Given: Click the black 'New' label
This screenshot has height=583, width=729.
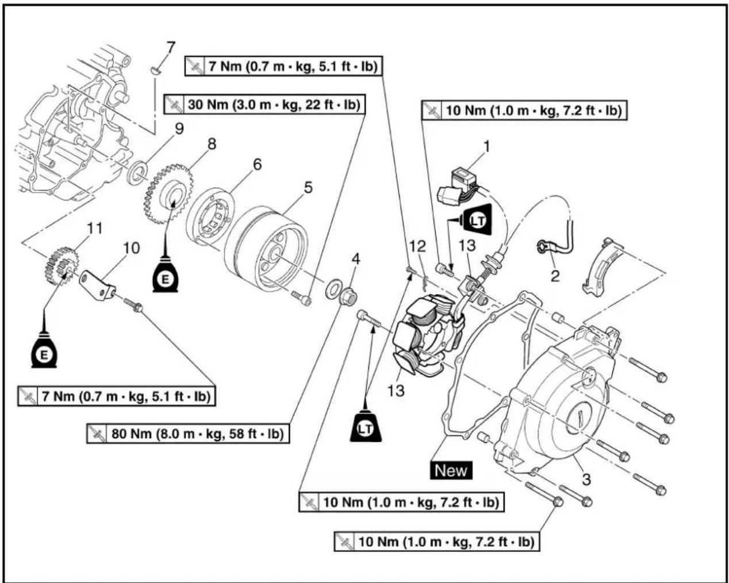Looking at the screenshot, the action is click(x=451, y=470).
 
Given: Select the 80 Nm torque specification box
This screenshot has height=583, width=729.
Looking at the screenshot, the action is click(x=188, y=433).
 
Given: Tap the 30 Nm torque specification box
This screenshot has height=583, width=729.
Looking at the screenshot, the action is click(x=264, y=105).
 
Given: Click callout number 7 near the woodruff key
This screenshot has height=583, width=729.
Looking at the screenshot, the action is click(x=170, y=47).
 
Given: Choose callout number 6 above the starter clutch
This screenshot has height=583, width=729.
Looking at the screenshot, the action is click(x=257, y=164).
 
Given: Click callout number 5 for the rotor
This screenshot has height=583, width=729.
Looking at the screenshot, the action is click(x=308, y=187).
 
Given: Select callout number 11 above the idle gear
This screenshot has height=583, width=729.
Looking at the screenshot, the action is click(x=95, y=228).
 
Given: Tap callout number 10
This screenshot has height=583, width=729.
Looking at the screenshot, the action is click(x=132, y=248).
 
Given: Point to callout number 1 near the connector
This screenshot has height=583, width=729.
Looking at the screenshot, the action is click(x=487, y=146).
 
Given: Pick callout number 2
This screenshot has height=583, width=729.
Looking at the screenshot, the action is click(x=555, y=276).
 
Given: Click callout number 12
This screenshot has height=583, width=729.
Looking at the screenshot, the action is click(x=417, y=246).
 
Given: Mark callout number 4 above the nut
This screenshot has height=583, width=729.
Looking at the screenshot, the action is click(x=356, y=260).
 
